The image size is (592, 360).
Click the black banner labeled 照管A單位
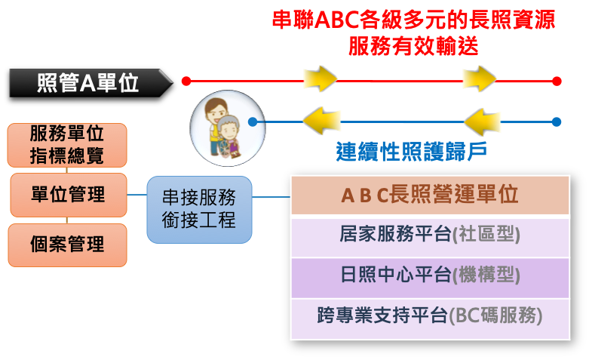tap(90, 83)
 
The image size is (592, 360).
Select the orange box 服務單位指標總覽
tap(67, 145)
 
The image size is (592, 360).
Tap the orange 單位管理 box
tap(69, 195)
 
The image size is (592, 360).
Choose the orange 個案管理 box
tap(68, 245)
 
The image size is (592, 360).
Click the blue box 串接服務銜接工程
tap(199, 210)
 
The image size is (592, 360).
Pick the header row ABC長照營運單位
tap(430, 195)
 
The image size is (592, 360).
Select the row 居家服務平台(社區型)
tap(430, 238)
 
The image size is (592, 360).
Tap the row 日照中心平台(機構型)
tap(430, 278)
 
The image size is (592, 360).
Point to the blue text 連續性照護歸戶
tap(411, 152)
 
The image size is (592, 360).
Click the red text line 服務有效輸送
tap(413, 46)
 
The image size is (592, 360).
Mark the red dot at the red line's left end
tap(186, 81)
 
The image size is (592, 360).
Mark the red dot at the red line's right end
tap(557, 81)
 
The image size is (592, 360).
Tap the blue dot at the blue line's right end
tap(556, 122)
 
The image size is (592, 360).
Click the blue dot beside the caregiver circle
tap(253, 122)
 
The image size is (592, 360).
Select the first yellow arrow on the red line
tap(321, 78)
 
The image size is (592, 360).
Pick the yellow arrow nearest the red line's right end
tap(480, 78)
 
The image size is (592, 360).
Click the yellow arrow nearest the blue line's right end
tap(482, 122)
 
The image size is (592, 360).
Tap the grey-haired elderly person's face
tap(229, 131)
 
